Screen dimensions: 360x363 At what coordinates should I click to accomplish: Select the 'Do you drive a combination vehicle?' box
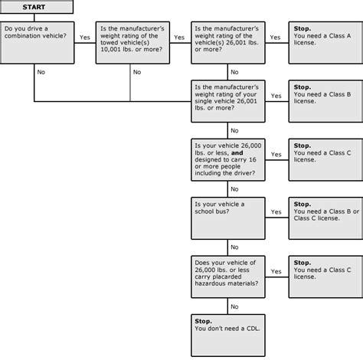point(38,42)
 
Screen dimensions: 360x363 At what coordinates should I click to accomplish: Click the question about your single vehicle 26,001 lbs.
point(228,100)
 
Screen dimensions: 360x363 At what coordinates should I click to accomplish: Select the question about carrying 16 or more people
point(228,159)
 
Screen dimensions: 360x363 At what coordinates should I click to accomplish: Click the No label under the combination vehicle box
point(41,72)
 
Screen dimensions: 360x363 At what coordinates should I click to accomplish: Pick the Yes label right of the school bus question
point(276,212)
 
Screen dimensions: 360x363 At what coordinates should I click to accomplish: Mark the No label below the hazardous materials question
point(234,306)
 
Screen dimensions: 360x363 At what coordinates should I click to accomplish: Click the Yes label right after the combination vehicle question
point(84,37)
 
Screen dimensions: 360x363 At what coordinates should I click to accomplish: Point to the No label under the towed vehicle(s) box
point(137,72)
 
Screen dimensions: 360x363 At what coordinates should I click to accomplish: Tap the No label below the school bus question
point(234,247)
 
